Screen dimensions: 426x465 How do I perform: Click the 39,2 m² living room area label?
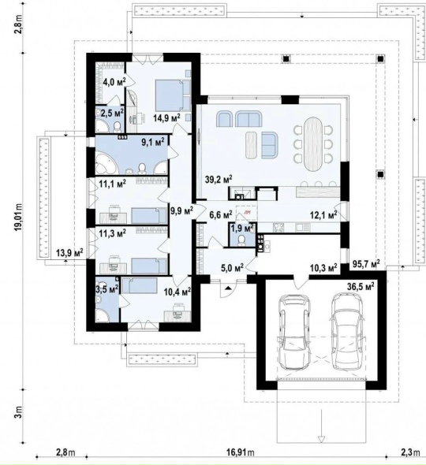[219, 179]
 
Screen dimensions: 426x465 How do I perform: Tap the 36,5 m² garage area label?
[361, 287]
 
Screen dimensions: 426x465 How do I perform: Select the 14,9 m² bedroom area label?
[166, 117]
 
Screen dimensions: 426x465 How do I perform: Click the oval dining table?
[313, 143]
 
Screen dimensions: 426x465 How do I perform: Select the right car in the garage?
[347, 332]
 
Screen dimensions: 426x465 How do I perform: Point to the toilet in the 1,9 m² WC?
[241, 240]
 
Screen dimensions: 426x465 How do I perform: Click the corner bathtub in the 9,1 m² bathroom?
[106, 163]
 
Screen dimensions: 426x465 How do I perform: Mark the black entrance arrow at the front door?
[228, 288]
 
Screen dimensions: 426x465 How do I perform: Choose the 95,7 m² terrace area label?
[366, 264]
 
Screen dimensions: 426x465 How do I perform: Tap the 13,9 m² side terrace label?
[69, 253]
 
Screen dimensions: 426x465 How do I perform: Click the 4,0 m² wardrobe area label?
[114, 81]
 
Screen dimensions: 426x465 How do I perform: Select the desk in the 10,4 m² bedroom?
[177, 315]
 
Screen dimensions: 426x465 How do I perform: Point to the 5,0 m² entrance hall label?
[233, 267]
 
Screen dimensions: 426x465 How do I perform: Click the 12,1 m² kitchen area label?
[323, 214]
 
